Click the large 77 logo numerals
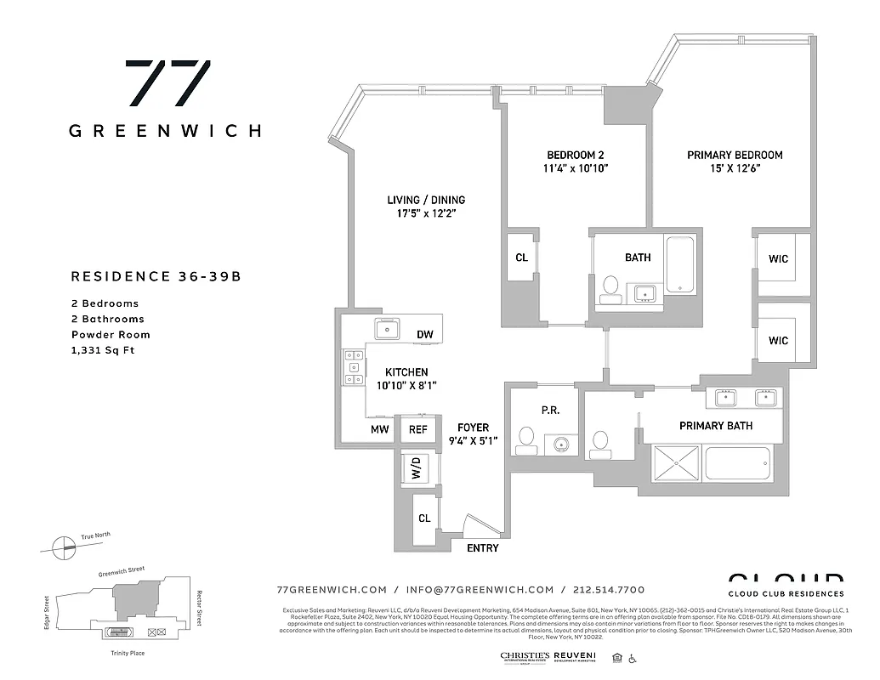(167, 83)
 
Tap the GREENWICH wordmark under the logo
(165, 131)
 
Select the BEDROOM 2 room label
(575, 155)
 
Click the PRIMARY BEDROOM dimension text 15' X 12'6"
(735, 168)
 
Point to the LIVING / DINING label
(426, 201)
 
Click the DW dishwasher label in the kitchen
(425, 334)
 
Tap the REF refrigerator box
(417, 429)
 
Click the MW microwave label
(379, 429)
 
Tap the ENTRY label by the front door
(482, 548)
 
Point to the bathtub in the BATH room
(680, 264)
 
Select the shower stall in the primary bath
(677, 464)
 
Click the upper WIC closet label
(778, 258)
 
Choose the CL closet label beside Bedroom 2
(521, 258)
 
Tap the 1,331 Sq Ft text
(103, 349)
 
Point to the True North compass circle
(62, 547)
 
